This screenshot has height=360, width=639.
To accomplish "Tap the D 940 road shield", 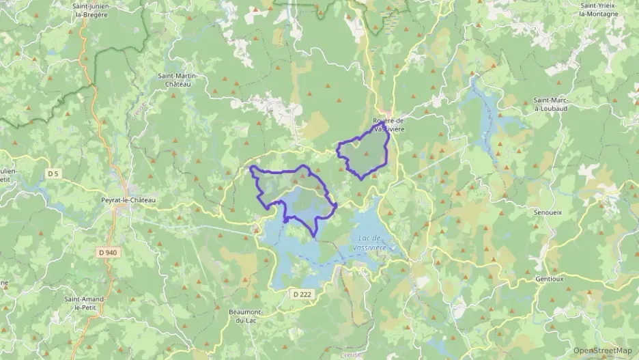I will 107,252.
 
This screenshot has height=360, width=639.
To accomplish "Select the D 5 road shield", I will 54,174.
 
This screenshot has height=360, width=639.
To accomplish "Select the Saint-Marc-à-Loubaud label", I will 555,104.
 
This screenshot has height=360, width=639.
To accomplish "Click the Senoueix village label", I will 548,212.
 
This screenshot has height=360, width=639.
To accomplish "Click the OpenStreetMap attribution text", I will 602,350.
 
